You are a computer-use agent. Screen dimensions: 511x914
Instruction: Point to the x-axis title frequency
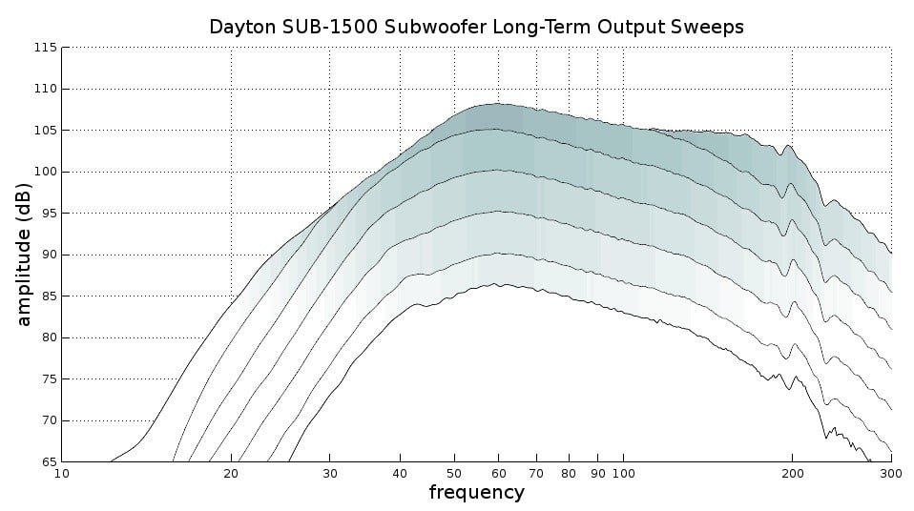tap(476, 493)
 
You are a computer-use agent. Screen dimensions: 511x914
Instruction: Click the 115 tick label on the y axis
tap(45, 48)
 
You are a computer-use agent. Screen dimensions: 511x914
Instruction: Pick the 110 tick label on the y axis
tap(45, 89)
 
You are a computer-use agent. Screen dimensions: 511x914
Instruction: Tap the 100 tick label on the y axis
tap(45, 172)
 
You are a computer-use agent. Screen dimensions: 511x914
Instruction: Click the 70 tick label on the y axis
tap(48, 420)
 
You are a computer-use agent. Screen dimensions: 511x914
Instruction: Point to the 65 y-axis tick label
tap(48, 461)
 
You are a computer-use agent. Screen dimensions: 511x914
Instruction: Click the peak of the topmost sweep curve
tap(497, 104)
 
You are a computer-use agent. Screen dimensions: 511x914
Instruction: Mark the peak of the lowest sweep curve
tap(499, 284)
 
